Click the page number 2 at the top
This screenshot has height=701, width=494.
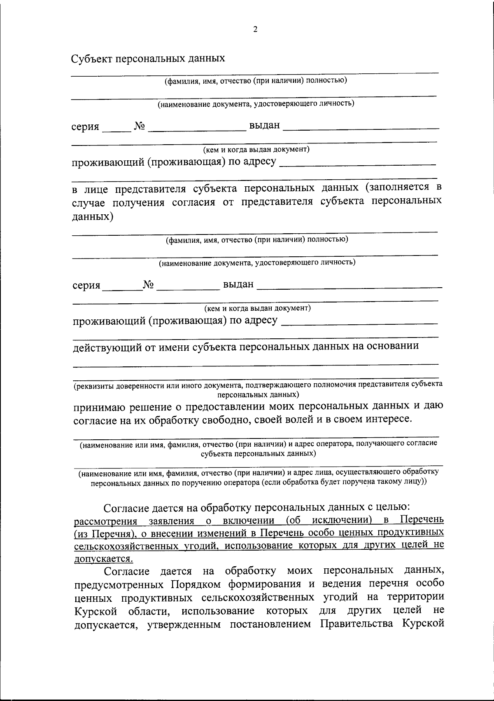click(x=255, y=29)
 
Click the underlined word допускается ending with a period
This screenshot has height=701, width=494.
click(x=103, y=559)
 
